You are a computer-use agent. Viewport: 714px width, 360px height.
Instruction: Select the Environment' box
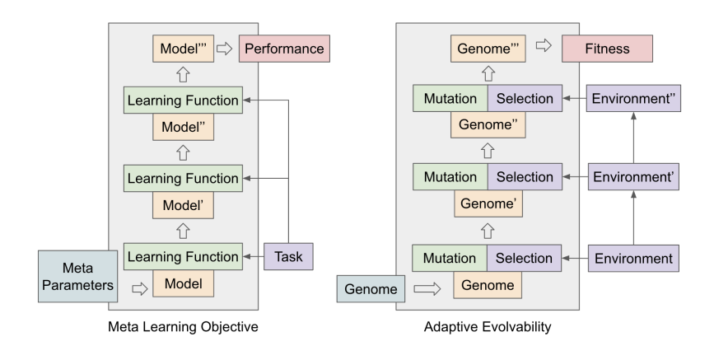coord(632,177)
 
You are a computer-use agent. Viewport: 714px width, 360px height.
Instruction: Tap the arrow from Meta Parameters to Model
coord(139,288)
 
